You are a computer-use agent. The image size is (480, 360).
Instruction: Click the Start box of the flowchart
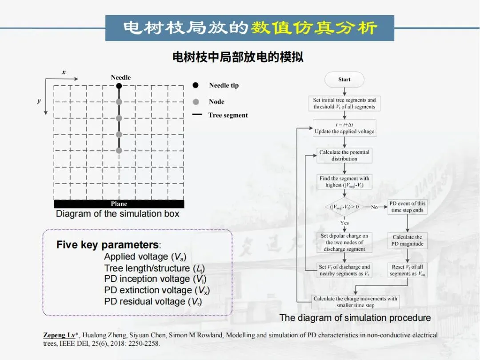point(344,80)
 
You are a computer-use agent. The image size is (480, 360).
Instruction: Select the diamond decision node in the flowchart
point(344,207)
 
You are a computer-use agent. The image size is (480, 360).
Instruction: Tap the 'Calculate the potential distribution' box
point(344,155)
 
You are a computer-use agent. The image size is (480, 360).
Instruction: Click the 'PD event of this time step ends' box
point(407,207)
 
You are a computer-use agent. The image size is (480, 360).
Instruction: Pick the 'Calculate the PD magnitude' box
point(407,240)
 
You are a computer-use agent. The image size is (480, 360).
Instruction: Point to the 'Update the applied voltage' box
point(344,128)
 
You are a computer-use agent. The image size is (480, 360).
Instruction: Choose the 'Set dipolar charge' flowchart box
point(344,242)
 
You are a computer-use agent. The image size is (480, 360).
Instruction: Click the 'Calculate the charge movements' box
point(355,302)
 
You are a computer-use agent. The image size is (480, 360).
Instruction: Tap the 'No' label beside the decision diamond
point(374,207)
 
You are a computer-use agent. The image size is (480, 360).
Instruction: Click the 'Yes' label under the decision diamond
point(344,223)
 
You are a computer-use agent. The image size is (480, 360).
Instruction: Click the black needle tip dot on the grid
point(119,86)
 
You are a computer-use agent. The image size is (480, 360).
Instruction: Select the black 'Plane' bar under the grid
point(119,204)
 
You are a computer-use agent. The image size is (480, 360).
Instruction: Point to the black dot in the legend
point(196,85)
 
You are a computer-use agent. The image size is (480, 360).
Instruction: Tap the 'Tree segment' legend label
point(228,115)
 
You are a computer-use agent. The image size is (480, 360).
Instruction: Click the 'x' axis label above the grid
point(64,72)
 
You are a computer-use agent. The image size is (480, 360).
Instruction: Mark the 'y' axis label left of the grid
point(39,101)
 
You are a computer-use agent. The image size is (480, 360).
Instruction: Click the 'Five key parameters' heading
point(108,245)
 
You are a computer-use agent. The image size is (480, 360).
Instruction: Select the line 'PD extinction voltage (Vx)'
point(156,290)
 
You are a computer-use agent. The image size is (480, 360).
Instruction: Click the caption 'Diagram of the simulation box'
point(118,214)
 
